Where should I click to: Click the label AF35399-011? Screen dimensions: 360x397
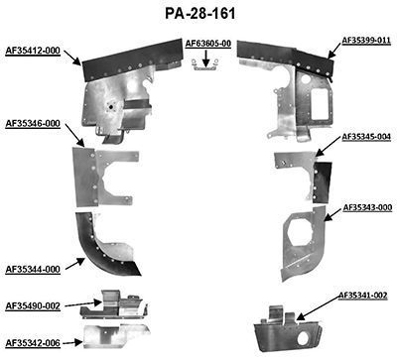pos(367,41)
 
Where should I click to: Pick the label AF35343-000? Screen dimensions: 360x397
pos(367,207)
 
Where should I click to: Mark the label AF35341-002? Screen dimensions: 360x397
pos(363,295)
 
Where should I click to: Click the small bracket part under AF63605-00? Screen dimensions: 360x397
pos(206,64)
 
